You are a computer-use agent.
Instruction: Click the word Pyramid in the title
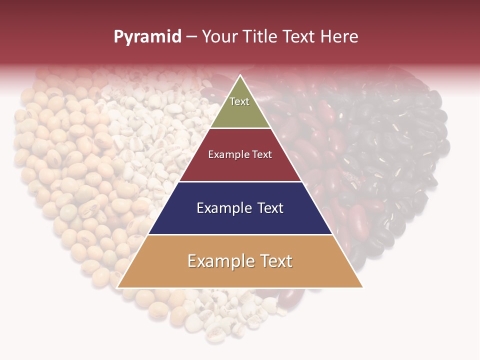(x=147, y=37)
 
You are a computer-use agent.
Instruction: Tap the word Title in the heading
(x=263, y=37)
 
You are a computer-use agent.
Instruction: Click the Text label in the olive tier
(x=239, y=101)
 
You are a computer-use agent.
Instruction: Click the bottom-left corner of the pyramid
(x=117, y=287)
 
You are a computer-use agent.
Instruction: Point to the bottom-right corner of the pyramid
(x=362, y=287)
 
